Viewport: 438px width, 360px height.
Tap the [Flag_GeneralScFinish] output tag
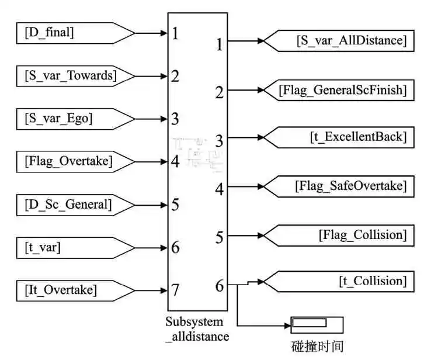click(342, 90)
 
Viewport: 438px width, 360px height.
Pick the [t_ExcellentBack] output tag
click(342, 137)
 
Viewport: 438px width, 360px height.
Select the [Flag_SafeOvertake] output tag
click(342, 186)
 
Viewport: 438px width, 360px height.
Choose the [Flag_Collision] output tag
click(342, 235)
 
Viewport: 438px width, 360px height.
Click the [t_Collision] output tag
click(342, 281)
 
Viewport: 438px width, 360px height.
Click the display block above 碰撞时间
click(317, 324)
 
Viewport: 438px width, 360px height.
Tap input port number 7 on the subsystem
click(175, 290)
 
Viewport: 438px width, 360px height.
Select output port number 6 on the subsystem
click(220, 286)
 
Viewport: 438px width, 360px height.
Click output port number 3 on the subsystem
click(220, 141)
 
